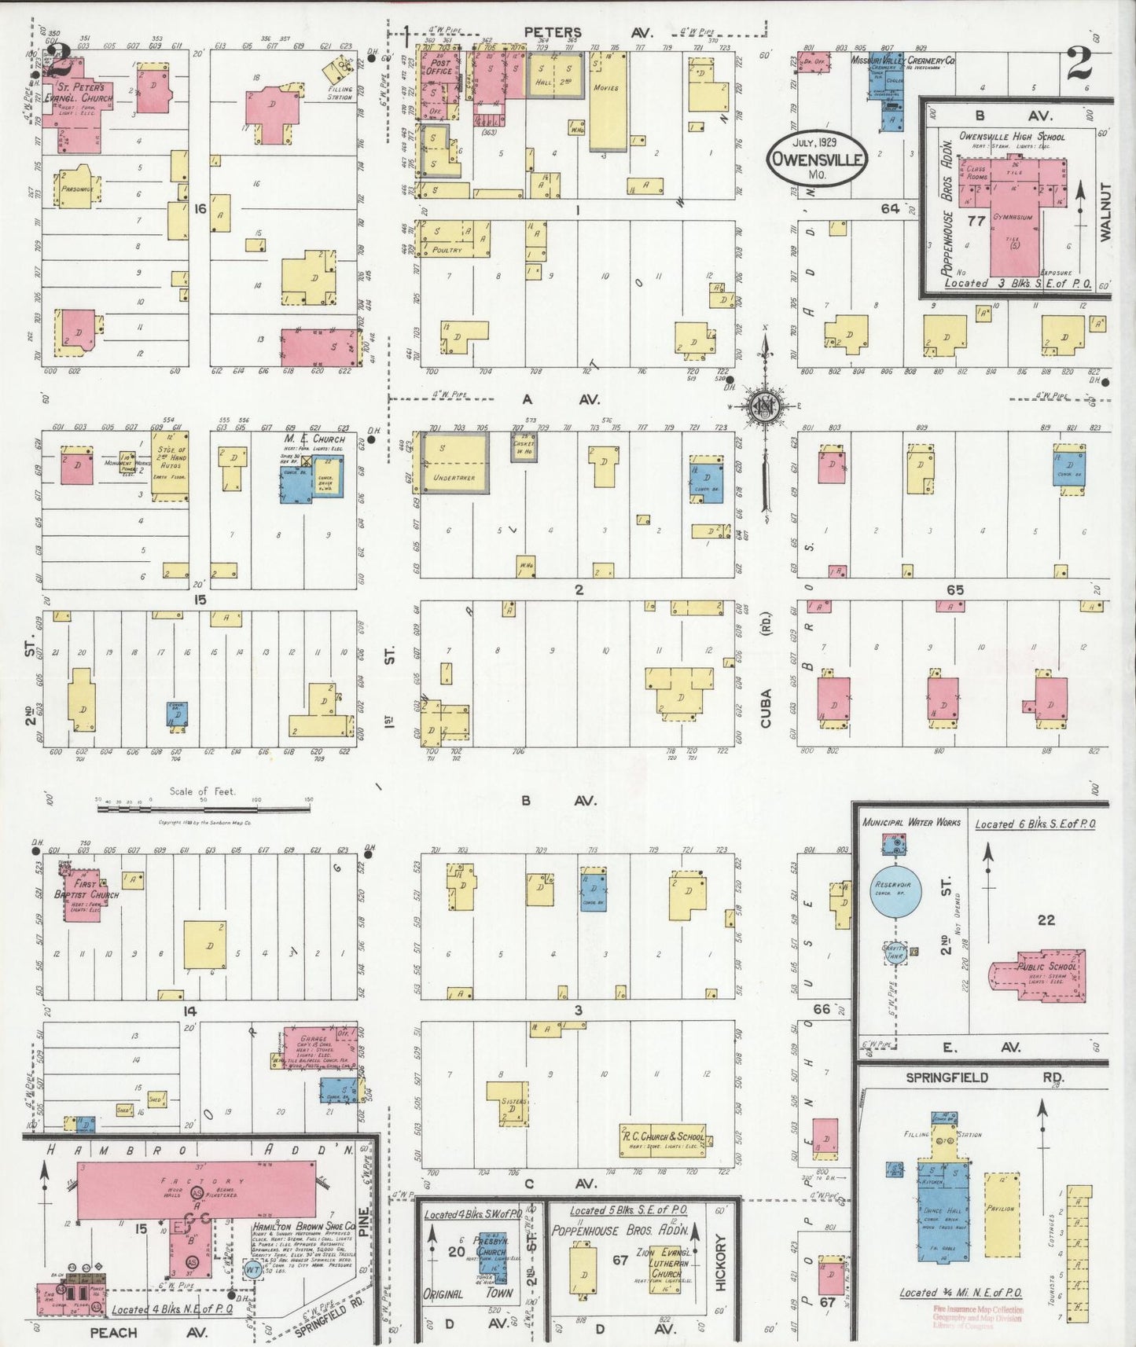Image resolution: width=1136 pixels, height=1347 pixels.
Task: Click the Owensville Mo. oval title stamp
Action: point(817,157)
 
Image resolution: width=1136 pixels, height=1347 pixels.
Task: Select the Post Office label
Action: point(439,66)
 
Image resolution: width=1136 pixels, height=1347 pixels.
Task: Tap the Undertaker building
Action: point(454,464)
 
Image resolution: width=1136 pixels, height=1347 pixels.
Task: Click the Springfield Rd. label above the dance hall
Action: point(973,1077)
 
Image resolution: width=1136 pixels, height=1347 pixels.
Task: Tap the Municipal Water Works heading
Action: point(911,822)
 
